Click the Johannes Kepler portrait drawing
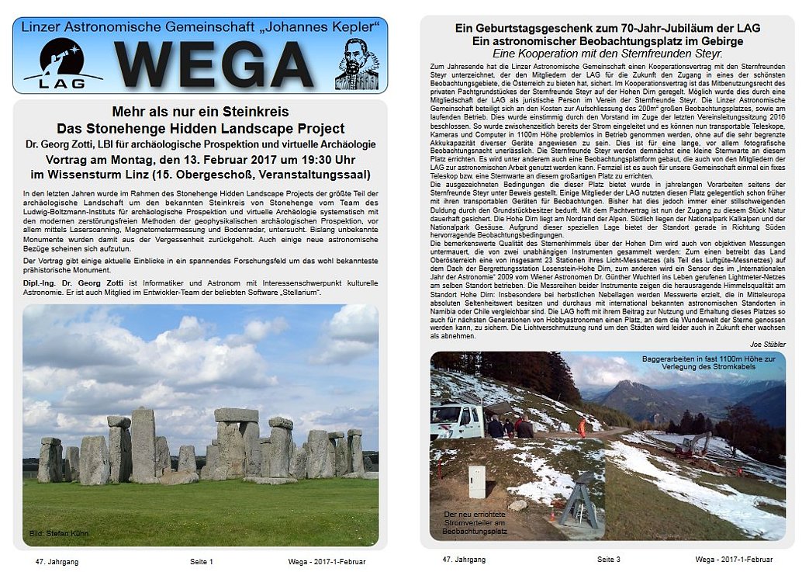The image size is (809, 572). [x=357, y=64]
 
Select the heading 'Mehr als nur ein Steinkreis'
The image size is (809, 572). [x=200, y=112]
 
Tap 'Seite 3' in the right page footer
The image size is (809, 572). [x=608, y=559]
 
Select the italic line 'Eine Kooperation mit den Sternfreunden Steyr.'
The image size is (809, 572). [x=607, y=54]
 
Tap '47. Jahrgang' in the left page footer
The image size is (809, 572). [x=57, y=560]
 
